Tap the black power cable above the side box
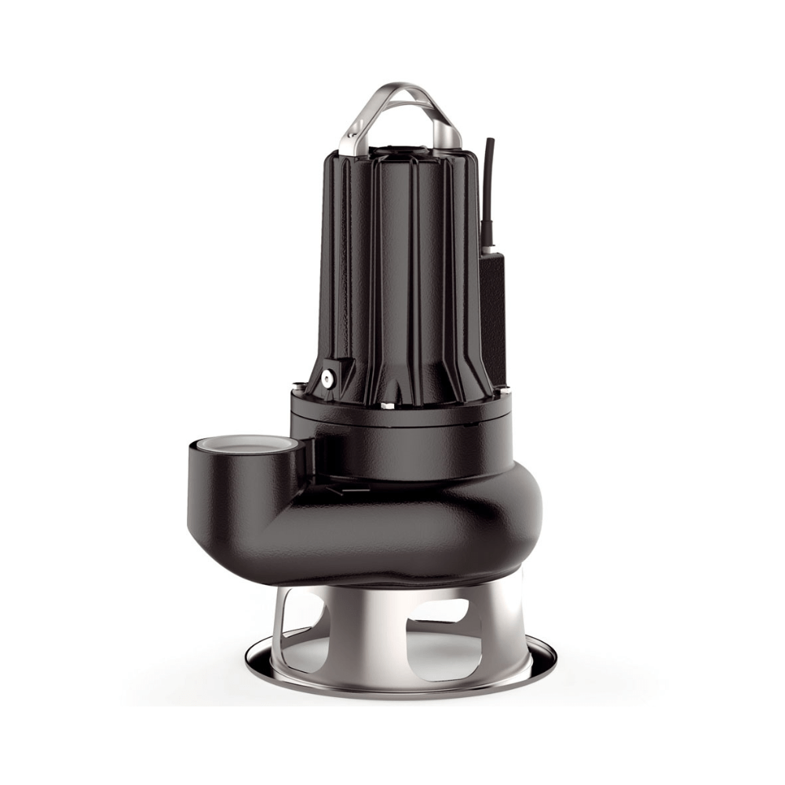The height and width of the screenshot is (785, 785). pyautogui.click(x=490, y=181)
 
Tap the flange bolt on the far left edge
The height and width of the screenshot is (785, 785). pyautogui.click(x=298, y=385)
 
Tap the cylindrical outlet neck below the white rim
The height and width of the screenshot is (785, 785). pyautogui.click(x=235, y=495)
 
